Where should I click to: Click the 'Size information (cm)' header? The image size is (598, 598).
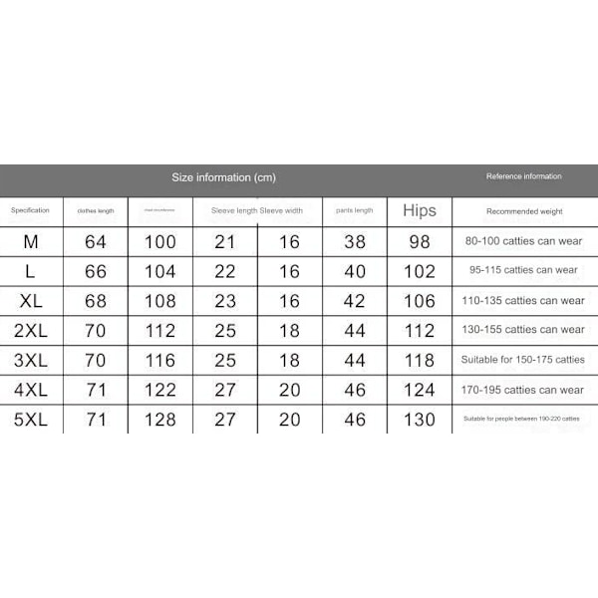[223, 177]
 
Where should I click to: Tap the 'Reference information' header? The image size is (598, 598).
[523, 176]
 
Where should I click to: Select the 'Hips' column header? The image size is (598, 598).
[420, 210]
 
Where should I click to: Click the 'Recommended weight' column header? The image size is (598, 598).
[524, 211]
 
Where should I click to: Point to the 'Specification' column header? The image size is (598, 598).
[30, 210]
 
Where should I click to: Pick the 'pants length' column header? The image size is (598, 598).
[354, 210]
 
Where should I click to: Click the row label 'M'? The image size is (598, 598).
[30, 241]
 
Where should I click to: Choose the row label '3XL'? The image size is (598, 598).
[30, 360]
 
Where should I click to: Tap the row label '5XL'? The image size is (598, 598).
[30, 420]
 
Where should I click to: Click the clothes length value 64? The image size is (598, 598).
[96, 241]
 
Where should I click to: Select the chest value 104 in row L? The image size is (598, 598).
[159, 271]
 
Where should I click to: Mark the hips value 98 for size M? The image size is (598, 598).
[420, 241]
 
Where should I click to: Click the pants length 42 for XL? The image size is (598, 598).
[355, 301]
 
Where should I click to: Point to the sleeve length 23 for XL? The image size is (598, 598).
[225, 301]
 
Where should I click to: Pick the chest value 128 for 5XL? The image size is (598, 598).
[159, 420]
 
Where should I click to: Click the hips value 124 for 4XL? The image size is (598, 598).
[420, 390]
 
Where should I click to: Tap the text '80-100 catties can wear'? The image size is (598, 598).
[524, 240]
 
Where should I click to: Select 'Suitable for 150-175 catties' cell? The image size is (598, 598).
[524, 360]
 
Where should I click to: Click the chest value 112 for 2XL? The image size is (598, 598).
[159, 330]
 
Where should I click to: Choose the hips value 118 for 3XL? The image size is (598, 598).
[420, 360]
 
